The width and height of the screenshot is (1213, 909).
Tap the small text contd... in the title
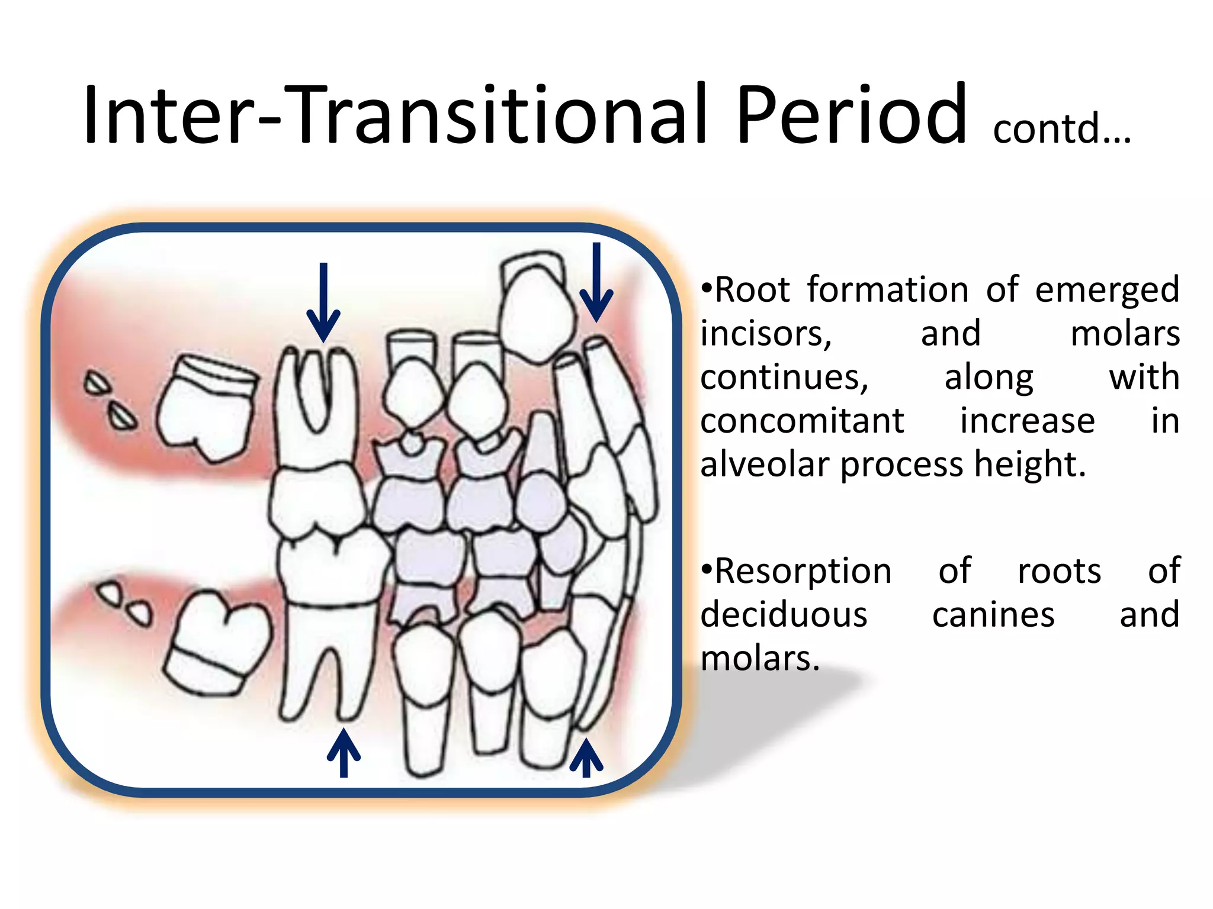[1061, 128]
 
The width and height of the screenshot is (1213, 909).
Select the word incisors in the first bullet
[766, 334]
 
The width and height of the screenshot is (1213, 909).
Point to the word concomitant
[802, 421]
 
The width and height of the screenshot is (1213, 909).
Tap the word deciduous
[784, 615]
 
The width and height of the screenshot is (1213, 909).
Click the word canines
[993, 615]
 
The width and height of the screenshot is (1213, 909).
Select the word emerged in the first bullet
[1107, 291]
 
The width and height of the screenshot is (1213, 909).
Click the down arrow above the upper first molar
[323, 302]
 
